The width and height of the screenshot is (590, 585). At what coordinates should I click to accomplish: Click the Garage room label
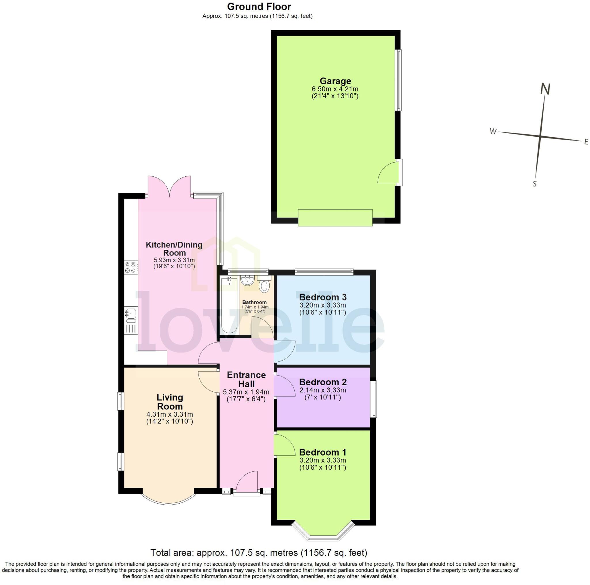click(335, 81)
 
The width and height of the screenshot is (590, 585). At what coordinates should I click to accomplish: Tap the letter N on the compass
click(545, 89)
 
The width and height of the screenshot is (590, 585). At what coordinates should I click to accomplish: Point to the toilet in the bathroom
click(264, 286)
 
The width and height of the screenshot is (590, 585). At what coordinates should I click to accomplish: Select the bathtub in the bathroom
click(229, 305)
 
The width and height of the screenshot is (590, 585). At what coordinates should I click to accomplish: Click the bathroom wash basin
click(247, 280)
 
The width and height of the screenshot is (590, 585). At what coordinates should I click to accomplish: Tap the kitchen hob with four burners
click(131, 268)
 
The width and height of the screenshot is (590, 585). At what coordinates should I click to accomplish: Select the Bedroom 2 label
click(323, 382)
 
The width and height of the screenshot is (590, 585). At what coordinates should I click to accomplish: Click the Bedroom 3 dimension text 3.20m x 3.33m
click(322, 305)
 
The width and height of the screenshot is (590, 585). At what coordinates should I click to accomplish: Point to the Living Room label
click(170, 402)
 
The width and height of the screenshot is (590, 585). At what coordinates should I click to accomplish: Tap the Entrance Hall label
click(246, 380)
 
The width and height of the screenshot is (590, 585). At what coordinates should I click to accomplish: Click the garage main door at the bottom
click(335, 218)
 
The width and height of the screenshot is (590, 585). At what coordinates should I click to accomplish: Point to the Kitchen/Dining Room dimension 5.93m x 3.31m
click(174, 260)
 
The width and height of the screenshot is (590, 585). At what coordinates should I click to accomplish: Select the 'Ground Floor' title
click(259, 6)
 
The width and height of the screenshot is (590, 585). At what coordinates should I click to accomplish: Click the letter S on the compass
click(534, 184)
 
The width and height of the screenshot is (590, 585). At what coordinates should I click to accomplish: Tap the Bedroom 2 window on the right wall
click(373, 399)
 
